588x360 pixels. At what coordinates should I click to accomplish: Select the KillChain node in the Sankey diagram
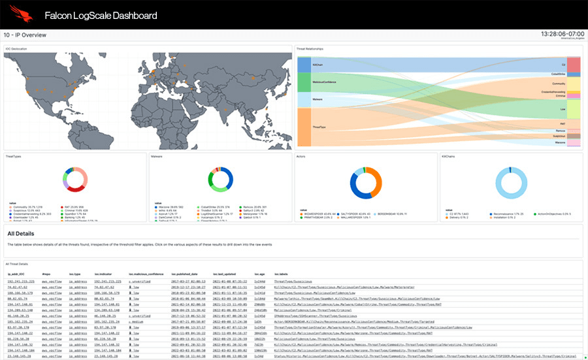click(304, 65)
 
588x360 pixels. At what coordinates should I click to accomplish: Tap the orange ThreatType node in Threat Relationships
click(304, 127)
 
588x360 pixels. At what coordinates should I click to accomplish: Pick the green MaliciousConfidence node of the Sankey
click(304, 82)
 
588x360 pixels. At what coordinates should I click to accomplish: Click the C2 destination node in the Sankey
click(573, 65)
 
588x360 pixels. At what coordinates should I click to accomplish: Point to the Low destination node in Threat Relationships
click(573, 109)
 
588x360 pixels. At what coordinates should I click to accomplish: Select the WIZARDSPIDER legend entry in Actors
click(312, 214)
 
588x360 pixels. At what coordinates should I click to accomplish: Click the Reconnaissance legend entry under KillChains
click(494, 213)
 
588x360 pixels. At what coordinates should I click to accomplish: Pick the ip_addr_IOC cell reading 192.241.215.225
click(22, 281)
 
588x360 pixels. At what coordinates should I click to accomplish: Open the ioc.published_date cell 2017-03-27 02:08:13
click(188, 281)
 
